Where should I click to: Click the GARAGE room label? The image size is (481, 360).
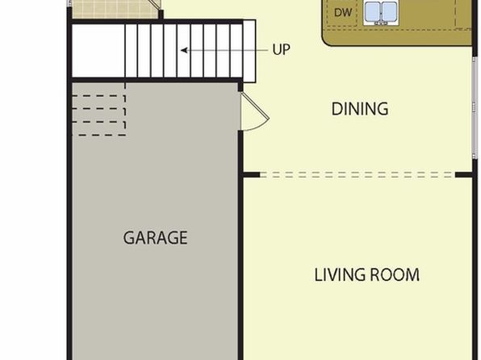pyautogui.click(x=155, y=238)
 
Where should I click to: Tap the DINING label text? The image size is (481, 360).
pyautogui.click(x=360, y=109)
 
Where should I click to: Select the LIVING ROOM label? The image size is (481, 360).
pyautogui.click(x=367, y=274)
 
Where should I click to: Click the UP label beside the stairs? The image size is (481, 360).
pyautogui.click(x=281, y=50)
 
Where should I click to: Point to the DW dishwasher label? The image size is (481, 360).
pyautogui.click(x=343, y=13)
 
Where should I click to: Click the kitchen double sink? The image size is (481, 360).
pyautogui.click(x=380, y=13)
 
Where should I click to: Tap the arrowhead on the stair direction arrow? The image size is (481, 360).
pyautogui.click(x=184, y=50)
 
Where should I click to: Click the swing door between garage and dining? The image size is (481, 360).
pyautogui.click(x=255, y=112)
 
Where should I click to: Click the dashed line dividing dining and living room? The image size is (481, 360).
pyautogui.click(x=358, y=175)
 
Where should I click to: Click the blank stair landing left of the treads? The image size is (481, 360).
pyautogui.click(x=98, y=51)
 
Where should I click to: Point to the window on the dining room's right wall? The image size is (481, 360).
pyautogui.click(x=475, y=107)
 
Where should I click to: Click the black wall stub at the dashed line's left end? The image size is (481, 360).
pyautogui.click(x=252, y=175)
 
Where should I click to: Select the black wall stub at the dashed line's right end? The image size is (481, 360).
pyautogui.click(x=463, y=175)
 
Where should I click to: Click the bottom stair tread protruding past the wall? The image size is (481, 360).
pyautogui.click(x=249, y=51)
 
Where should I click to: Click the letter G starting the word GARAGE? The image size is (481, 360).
pyautogui.click(x=128, y=238)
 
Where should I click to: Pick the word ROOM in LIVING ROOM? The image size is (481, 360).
pyautogui.click(x=395, y=274)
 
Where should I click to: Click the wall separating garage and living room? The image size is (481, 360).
pyautogui.click(x=240, y=245)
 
